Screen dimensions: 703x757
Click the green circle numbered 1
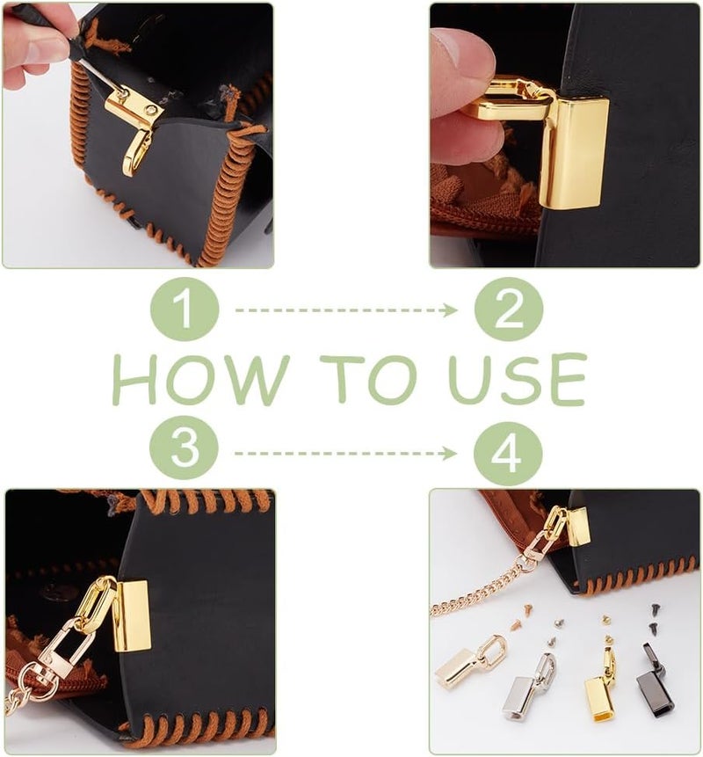pos(185,309)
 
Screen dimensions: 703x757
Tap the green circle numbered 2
pos(509,309)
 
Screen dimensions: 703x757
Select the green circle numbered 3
pos(184,448)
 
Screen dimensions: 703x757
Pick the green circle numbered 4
pos(508,454)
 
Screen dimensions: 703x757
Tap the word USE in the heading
pos(517,379)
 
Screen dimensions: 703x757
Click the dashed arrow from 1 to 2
pos(346,310)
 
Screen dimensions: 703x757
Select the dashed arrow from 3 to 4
pos(345,454)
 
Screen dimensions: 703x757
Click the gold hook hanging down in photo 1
pos(136,154)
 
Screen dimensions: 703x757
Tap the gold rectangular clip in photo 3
pos(132,616)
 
